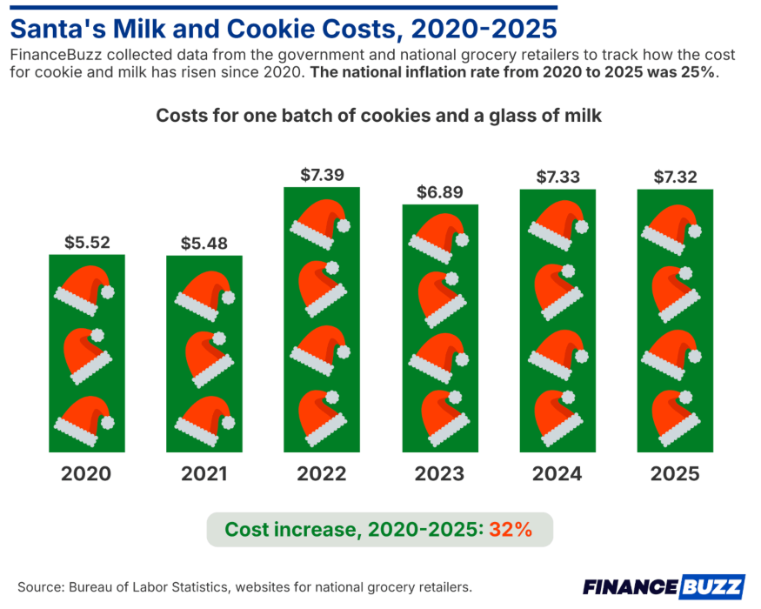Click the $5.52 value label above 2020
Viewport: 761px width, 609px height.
point(87,243)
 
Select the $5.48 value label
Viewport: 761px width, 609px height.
point(204,244)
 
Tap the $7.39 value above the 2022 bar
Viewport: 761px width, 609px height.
point(322,175)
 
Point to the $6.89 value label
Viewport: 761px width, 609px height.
point(440,192)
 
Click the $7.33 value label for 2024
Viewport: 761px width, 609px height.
point(557,177)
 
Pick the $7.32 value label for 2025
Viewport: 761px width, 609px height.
point(676,177)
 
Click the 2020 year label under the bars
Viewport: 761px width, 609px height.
point(87,474)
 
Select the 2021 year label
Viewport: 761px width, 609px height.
point(204,474)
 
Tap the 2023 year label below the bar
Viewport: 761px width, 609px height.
point(440,474)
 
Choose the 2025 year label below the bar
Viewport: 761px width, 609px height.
point(676,474)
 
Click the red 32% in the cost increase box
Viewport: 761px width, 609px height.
point(511,530)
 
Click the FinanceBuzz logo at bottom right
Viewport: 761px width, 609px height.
point(663,586)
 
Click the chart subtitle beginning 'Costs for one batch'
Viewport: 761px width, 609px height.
point(378,116)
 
